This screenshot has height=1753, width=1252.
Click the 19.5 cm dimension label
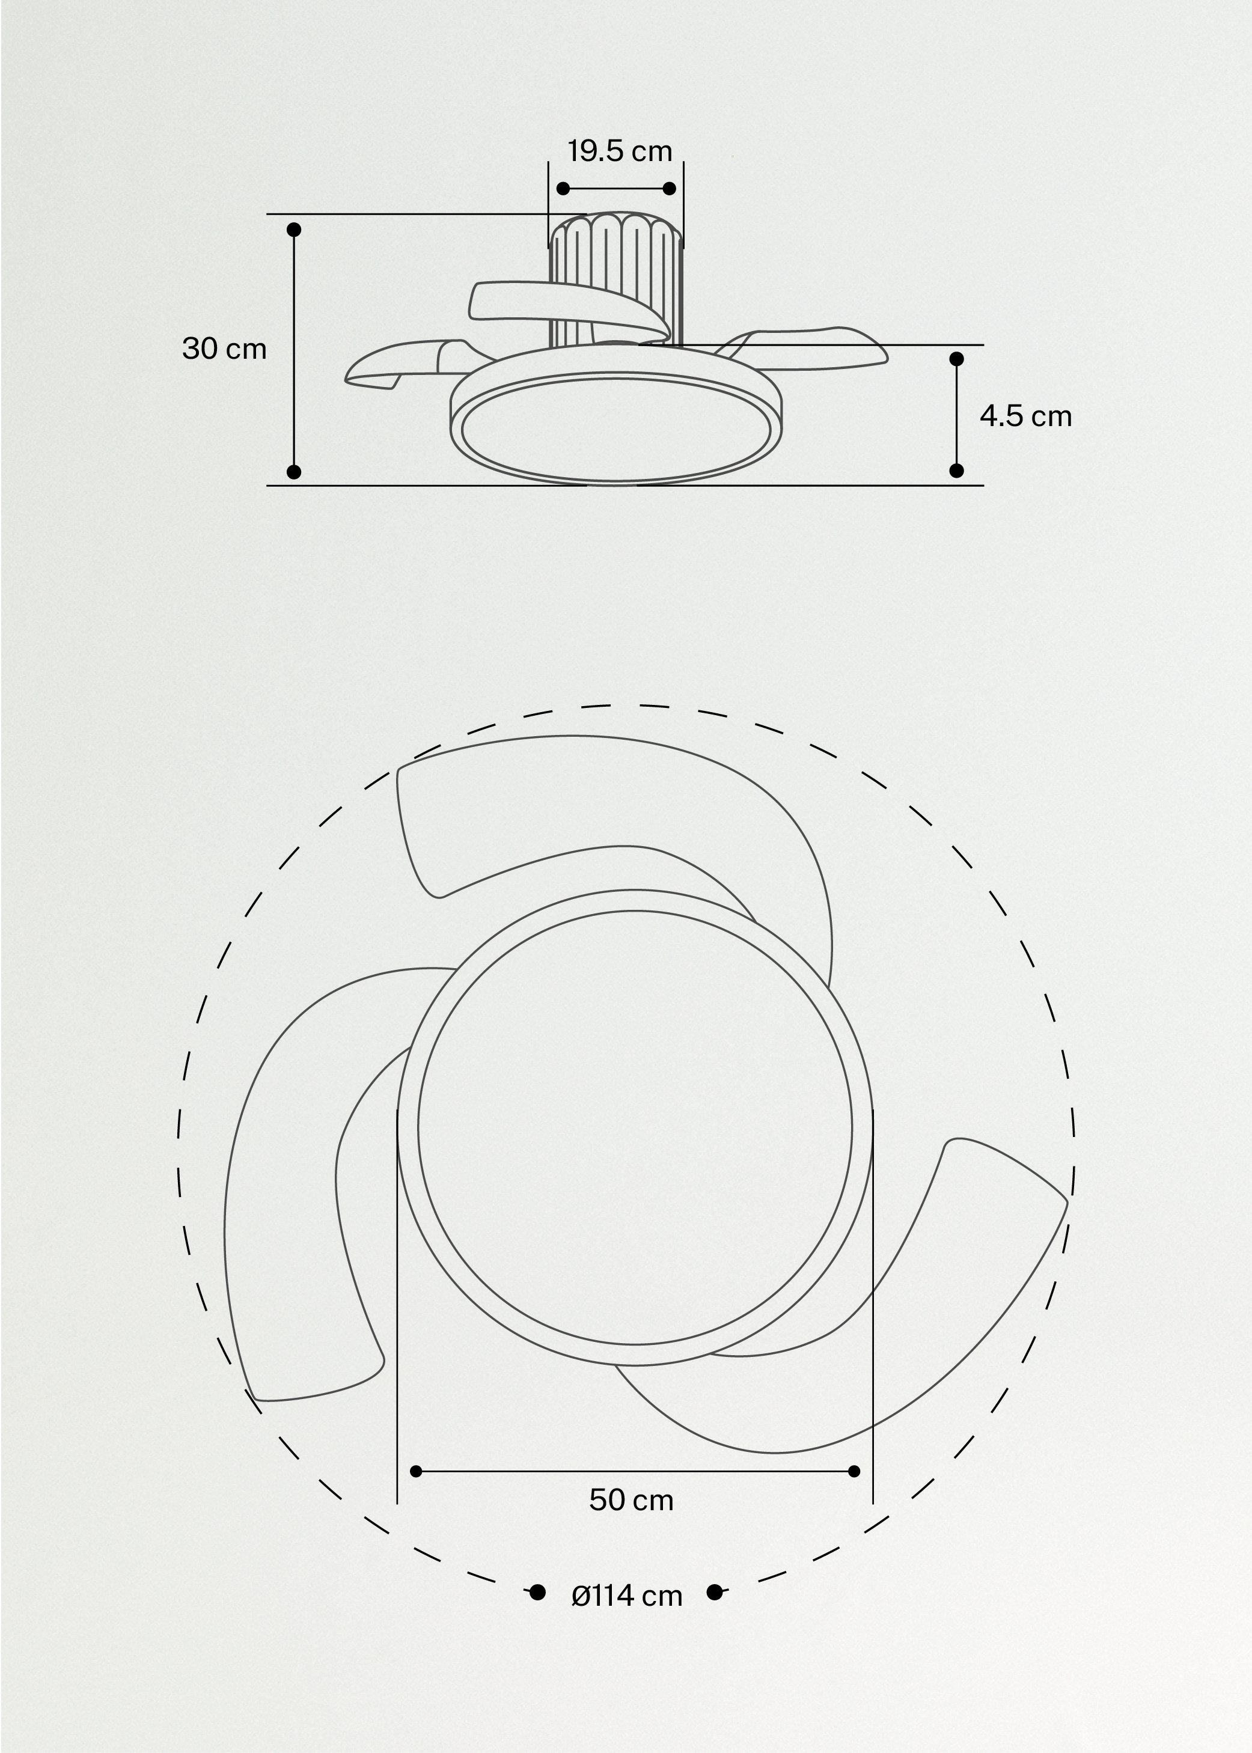[x=620, y=151]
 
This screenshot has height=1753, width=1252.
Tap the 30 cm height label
[x=224, y=349]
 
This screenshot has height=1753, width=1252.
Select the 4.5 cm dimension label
[x=1025, y=416]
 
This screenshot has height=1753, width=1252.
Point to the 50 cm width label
[x=631, y=1500]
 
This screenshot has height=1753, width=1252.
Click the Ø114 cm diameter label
[x=627, y=1596]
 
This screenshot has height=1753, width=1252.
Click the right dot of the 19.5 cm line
[x=669, y=189]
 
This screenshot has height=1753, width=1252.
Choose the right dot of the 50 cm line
[x=853, y=1472]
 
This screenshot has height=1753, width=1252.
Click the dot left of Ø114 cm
[x=538, y=1593]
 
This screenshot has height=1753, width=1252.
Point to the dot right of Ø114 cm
[x=715, y=1593]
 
